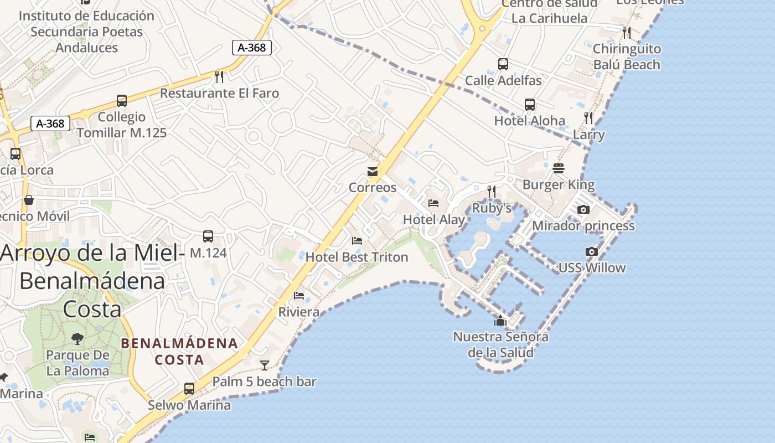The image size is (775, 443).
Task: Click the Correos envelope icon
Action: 373,172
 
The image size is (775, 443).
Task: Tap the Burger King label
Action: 558,184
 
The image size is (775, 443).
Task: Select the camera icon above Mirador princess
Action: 583,210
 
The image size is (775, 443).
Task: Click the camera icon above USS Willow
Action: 591,252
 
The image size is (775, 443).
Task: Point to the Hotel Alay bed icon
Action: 433,203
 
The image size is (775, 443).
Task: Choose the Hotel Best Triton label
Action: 356,257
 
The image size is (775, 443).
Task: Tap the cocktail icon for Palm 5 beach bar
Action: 265,365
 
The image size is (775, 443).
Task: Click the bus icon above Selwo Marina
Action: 189,389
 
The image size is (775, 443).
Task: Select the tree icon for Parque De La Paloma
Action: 77,338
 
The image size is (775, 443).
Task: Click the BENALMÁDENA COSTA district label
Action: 179,352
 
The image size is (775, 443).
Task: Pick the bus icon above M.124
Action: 208,236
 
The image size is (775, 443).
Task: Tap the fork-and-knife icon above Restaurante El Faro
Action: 219,76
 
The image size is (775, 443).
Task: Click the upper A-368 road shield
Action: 252,48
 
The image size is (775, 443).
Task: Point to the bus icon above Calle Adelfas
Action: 503,64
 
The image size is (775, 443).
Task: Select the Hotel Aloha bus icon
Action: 530,105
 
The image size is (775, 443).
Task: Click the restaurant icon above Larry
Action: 588,118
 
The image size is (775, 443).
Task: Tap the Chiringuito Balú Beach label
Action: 627,57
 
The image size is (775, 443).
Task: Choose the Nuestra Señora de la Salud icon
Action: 500,321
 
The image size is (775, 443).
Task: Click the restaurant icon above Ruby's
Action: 492,192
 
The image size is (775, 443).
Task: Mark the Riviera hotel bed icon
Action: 299,295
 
